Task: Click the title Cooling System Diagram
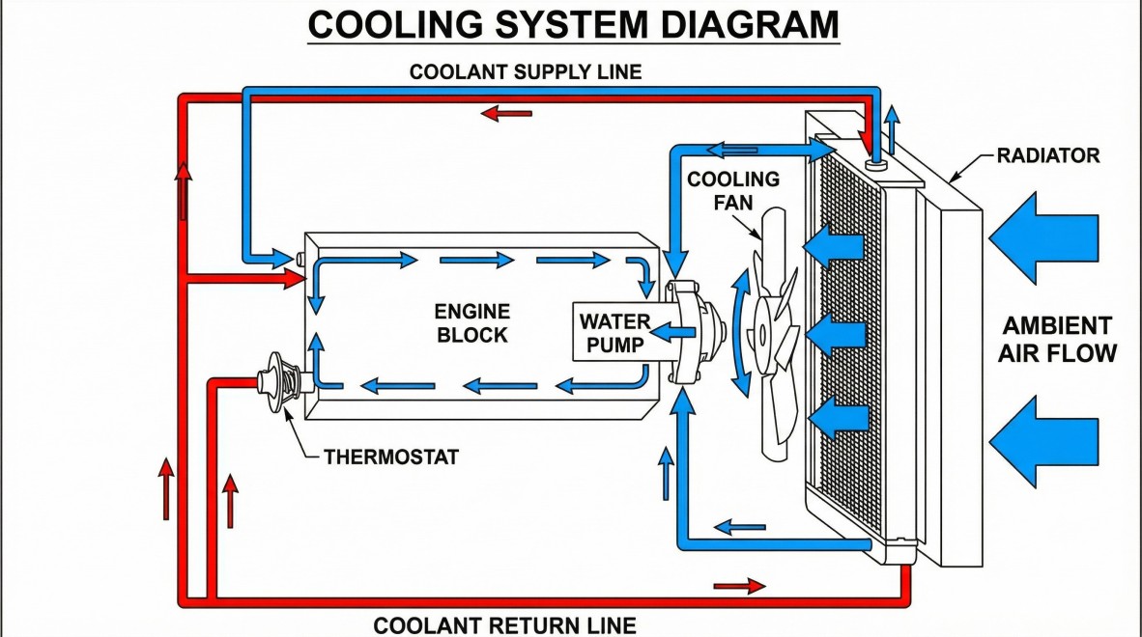click(573, 25)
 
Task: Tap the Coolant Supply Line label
click(526, 72)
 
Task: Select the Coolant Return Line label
click(504, 625)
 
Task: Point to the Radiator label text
click(1048, 155)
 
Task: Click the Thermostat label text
click(390, 456)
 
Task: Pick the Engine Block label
click(471, 323)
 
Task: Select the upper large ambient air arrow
click(1043, 237)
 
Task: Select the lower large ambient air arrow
click(1043, 440)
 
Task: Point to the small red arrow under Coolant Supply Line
click(506, 114)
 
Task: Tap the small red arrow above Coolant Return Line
click(739, 586)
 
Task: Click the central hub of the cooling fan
click(762, 332)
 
